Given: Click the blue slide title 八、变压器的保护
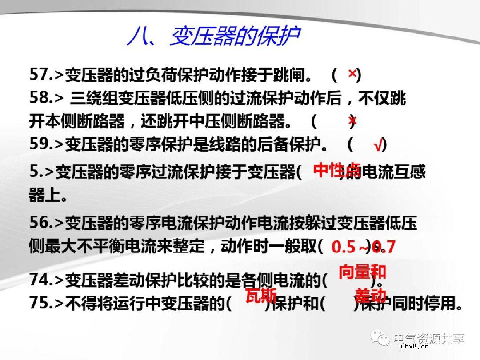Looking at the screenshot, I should (213, 36).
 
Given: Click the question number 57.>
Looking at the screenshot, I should (46, 75).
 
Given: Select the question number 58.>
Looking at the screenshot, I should (46, 98).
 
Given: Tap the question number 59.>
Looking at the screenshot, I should (46, 144).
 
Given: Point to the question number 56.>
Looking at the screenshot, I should (46, 223).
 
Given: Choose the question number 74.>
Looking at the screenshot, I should (46, 280).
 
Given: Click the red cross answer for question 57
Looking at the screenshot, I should (352, 74).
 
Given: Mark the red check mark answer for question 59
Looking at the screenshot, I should (378, 145).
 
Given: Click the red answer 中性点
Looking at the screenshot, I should (336, 170).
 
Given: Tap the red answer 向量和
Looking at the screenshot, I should (362, 272).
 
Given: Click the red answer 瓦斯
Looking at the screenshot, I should (261, 295).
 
